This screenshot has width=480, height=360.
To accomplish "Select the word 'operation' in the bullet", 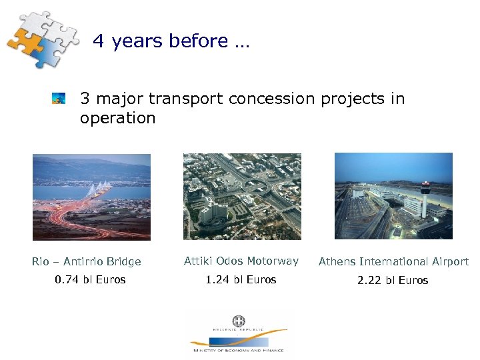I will [117, 119].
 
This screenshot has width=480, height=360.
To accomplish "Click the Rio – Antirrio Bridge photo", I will [91, 197].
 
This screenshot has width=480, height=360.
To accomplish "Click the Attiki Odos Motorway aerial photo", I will [242, 197].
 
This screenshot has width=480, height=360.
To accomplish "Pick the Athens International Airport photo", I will [393, 197].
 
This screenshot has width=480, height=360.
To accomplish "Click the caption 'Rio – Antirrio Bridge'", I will [86, 262].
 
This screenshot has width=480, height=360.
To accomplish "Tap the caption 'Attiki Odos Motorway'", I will [241, 261].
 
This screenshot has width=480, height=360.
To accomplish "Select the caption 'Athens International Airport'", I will [393, 262].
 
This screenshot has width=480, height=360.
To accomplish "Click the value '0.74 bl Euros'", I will [90, 280].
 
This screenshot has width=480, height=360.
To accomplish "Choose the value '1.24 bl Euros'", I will [241, 280].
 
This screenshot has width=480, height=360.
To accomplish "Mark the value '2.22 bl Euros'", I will [393, 281].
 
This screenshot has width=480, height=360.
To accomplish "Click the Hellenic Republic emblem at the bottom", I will [239, 321].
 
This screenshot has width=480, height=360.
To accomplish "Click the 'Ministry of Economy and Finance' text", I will [238, 350].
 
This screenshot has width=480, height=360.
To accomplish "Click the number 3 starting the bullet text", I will [85, 99].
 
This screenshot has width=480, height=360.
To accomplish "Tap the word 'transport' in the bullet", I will [179, 99].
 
